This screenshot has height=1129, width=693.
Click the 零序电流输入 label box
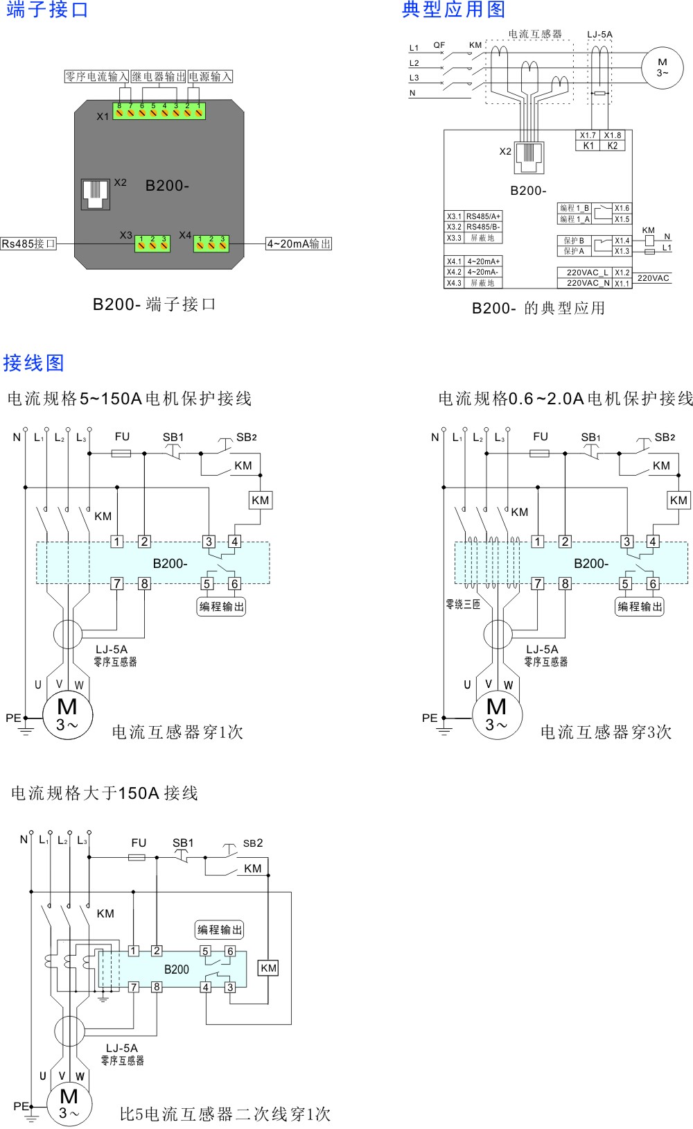[96, 76]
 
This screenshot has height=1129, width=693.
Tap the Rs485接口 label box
[28, 243]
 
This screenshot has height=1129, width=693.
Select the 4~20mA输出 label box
[299, 243]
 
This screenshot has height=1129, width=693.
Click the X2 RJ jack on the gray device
[96, 193]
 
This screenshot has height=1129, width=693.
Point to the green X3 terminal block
[152, 243]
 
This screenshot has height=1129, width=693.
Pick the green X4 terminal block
[211, 243]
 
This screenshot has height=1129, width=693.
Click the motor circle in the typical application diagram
[662, 67]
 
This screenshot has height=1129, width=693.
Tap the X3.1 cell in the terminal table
[454, 216]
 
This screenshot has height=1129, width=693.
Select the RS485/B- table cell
[483, 227]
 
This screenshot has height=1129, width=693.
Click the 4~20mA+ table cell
[483, 261]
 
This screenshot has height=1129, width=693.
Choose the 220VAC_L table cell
[586, 273]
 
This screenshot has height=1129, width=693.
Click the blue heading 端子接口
[47, 10]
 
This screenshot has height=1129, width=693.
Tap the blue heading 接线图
[33, 363]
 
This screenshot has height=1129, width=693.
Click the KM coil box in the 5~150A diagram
[261, 500]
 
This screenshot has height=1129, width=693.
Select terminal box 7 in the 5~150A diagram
[117, 583]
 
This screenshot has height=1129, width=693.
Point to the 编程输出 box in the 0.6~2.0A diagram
[640, 607]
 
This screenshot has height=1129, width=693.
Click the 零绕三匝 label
[463, 605]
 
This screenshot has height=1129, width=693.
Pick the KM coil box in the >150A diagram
[268, 968]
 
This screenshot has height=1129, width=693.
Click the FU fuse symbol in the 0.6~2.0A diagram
[539, 453]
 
